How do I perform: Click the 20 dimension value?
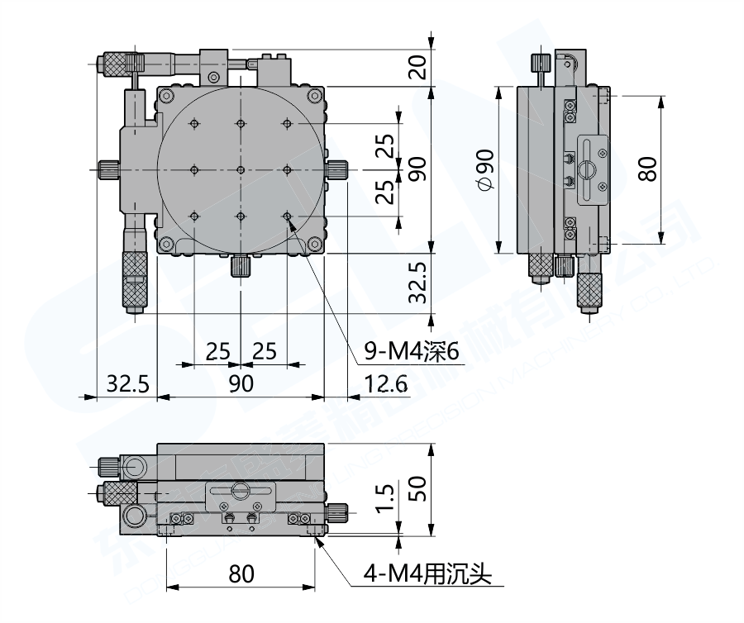pos(419,65)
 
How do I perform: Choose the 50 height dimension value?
pos(419,489)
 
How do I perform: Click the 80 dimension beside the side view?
pos(649,169)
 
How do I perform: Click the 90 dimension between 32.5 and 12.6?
pos(241,383)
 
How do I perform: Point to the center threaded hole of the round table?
pos(241,169)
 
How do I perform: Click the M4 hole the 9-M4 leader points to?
pos(288,216)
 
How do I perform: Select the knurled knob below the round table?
pos(241,266)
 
